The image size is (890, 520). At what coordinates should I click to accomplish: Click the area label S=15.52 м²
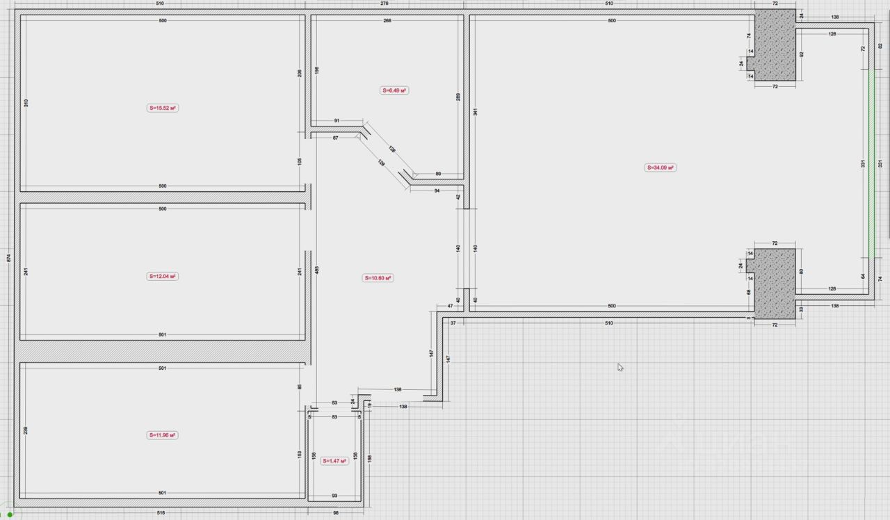tap(163, 108)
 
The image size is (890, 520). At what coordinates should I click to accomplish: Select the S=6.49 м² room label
tap(394, 90)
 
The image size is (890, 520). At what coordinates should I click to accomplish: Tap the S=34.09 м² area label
tap(661, 168)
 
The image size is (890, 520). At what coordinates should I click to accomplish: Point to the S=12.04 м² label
tap(163, 276)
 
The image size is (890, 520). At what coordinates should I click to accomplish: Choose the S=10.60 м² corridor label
tap(378, 278)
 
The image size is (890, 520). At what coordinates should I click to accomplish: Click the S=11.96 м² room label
tap(163, 435)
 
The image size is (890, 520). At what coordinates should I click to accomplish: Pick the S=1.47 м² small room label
tap(335, 461)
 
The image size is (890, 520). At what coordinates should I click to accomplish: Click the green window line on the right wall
tap(870, 164)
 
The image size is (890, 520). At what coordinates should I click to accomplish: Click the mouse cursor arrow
tap(620, 367)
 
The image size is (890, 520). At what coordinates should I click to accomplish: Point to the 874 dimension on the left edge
tap(8, 257)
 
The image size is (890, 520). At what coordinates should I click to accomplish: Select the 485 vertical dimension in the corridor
tap(316, 271)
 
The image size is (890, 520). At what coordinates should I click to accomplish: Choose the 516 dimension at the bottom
tap(162, 513)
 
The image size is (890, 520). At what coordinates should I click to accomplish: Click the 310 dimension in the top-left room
tap(26, 103)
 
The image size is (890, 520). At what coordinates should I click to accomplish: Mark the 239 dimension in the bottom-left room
tap(26, 430)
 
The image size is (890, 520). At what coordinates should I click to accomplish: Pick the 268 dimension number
tap(387, 21)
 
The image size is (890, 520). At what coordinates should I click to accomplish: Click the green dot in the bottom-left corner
tap(10, 515)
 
